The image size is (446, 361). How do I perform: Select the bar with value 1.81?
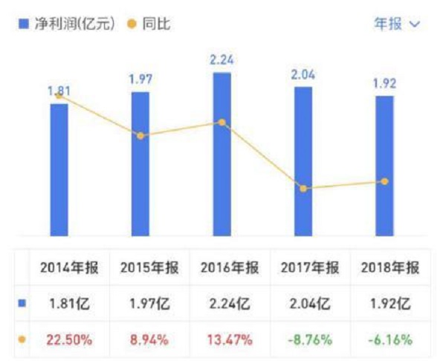coord(59,171)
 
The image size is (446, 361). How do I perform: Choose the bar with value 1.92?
coord(384,166)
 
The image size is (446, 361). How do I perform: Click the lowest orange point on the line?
coord(303,189)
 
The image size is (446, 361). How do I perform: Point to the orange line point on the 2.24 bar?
coord(222,123)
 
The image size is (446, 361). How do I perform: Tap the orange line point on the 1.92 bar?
coord(384,181)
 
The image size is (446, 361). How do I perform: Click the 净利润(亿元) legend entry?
coord(67,24)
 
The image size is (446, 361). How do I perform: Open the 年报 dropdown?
coord(397,24)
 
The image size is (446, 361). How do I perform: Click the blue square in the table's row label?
coord(22,303)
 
